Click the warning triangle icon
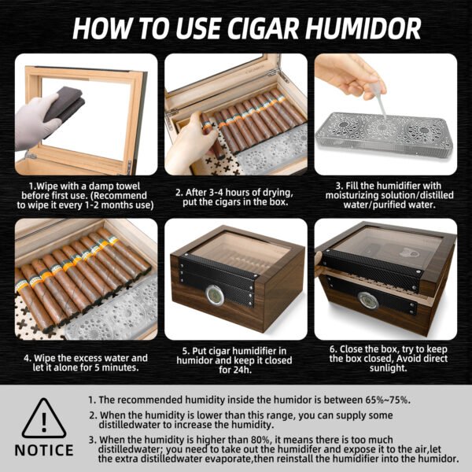coord(43,419)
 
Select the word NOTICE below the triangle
coord(44,451)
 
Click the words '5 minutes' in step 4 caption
coord(117,367)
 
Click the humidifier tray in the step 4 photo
coord(110,315)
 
